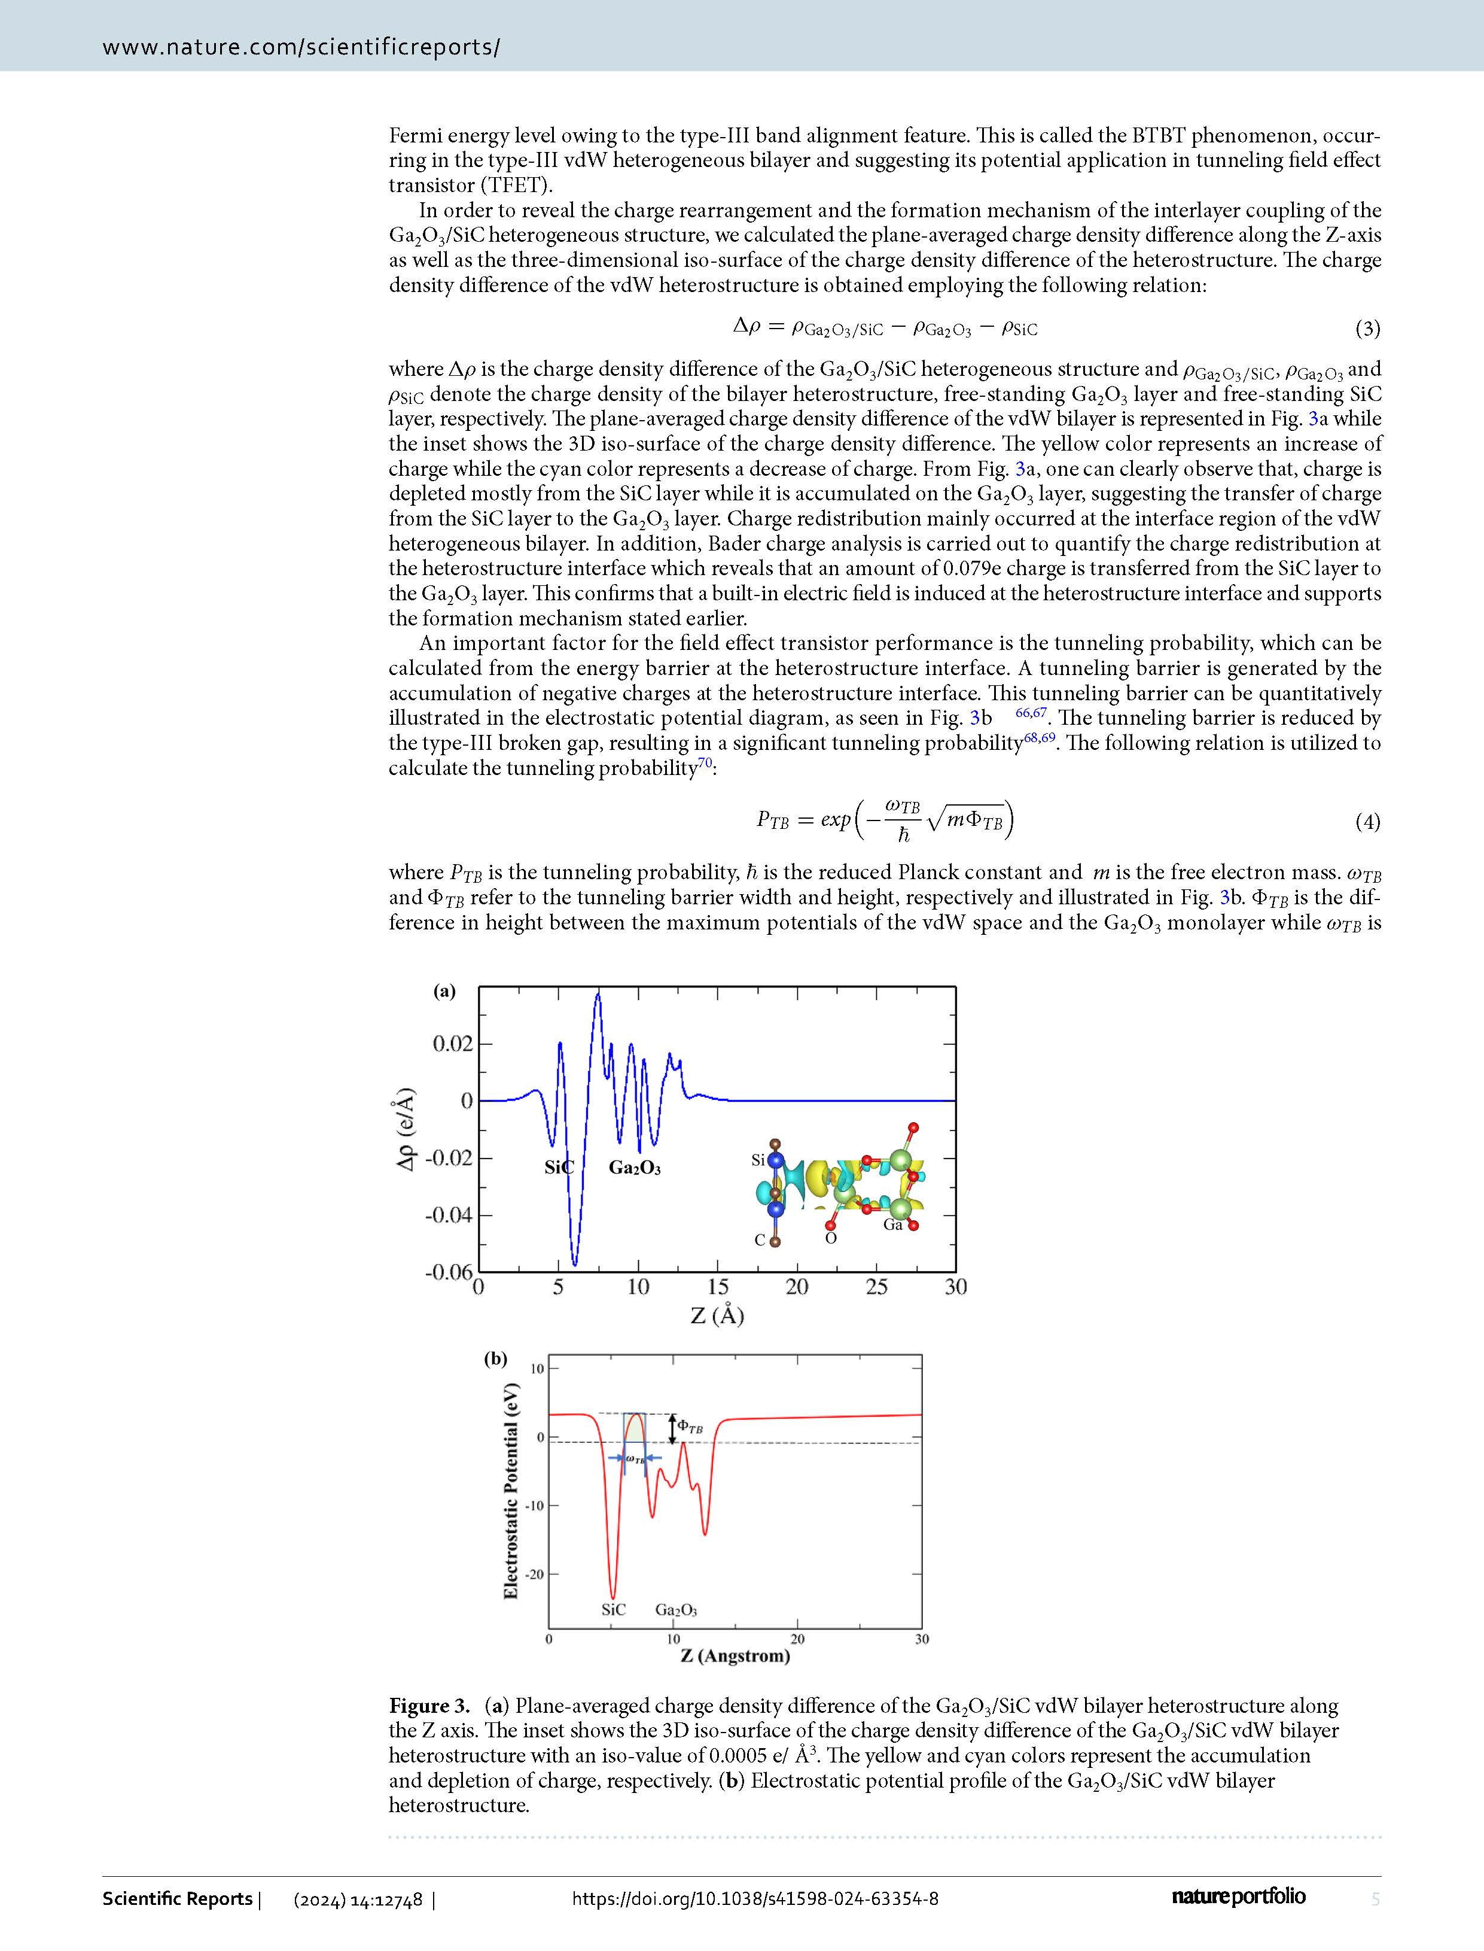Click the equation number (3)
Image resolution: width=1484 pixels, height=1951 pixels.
1367,329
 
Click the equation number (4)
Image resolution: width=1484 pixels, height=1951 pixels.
1367,822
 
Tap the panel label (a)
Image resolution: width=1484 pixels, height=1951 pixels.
444,992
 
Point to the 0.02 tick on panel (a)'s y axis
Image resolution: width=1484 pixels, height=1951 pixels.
452,1044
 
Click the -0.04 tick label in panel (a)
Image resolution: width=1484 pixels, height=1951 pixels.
449,1215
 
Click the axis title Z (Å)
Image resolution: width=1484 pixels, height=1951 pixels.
717,1315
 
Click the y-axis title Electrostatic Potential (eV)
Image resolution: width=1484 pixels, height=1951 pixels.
511,1491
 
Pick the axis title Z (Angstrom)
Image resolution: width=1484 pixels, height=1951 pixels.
735,1656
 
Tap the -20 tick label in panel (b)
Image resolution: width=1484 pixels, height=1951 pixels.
534,1574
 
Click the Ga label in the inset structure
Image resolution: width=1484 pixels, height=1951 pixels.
893,1224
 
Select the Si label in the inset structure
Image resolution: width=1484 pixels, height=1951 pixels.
758,1160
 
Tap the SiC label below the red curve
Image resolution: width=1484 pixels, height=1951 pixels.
613,1610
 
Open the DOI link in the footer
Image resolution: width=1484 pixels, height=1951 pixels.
755,1898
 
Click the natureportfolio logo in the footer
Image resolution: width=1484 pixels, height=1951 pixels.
1238,1896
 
